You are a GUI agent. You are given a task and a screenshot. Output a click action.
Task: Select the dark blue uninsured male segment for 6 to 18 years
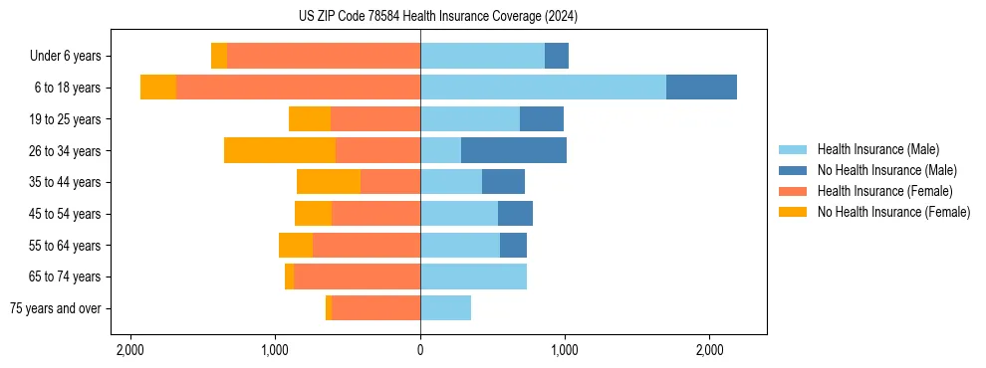(701, 88)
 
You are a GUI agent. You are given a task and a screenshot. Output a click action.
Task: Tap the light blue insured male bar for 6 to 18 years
(543, 88)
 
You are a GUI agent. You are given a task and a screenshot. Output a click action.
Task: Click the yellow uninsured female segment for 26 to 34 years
(280, 150)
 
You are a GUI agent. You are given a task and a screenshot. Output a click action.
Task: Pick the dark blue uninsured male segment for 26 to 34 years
(514, 150)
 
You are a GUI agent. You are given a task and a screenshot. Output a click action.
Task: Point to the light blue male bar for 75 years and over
(445, 308)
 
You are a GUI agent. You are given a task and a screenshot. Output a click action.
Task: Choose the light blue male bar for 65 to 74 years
(473, 276)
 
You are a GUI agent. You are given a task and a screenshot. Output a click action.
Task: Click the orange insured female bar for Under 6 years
(324, 56)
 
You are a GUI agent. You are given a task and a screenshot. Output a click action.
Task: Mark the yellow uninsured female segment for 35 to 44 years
(329, 182)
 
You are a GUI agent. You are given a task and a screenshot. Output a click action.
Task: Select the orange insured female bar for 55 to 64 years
(367, 245)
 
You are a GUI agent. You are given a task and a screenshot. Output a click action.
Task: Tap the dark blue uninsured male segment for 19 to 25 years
(542, 119)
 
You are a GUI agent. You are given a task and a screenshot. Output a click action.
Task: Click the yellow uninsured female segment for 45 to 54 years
(313, 214)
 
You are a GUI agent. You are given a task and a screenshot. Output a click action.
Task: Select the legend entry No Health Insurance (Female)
(893, 212)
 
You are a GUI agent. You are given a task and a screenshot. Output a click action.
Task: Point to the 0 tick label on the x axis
(420, 350)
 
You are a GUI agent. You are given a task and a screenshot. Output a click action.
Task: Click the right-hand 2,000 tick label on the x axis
(709, 350)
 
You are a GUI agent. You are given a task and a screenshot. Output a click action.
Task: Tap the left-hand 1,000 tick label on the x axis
(275, 350)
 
